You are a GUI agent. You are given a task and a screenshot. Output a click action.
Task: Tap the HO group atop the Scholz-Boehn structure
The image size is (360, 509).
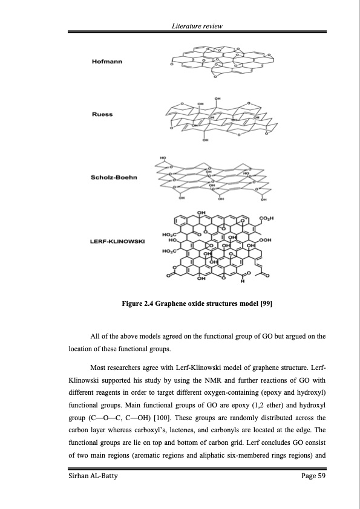pos(163,158)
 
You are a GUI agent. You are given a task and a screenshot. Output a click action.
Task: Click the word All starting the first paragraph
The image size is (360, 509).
pos(96,336)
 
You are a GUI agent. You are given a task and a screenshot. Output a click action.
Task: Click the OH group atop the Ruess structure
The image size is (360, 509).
pos(218,98)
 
